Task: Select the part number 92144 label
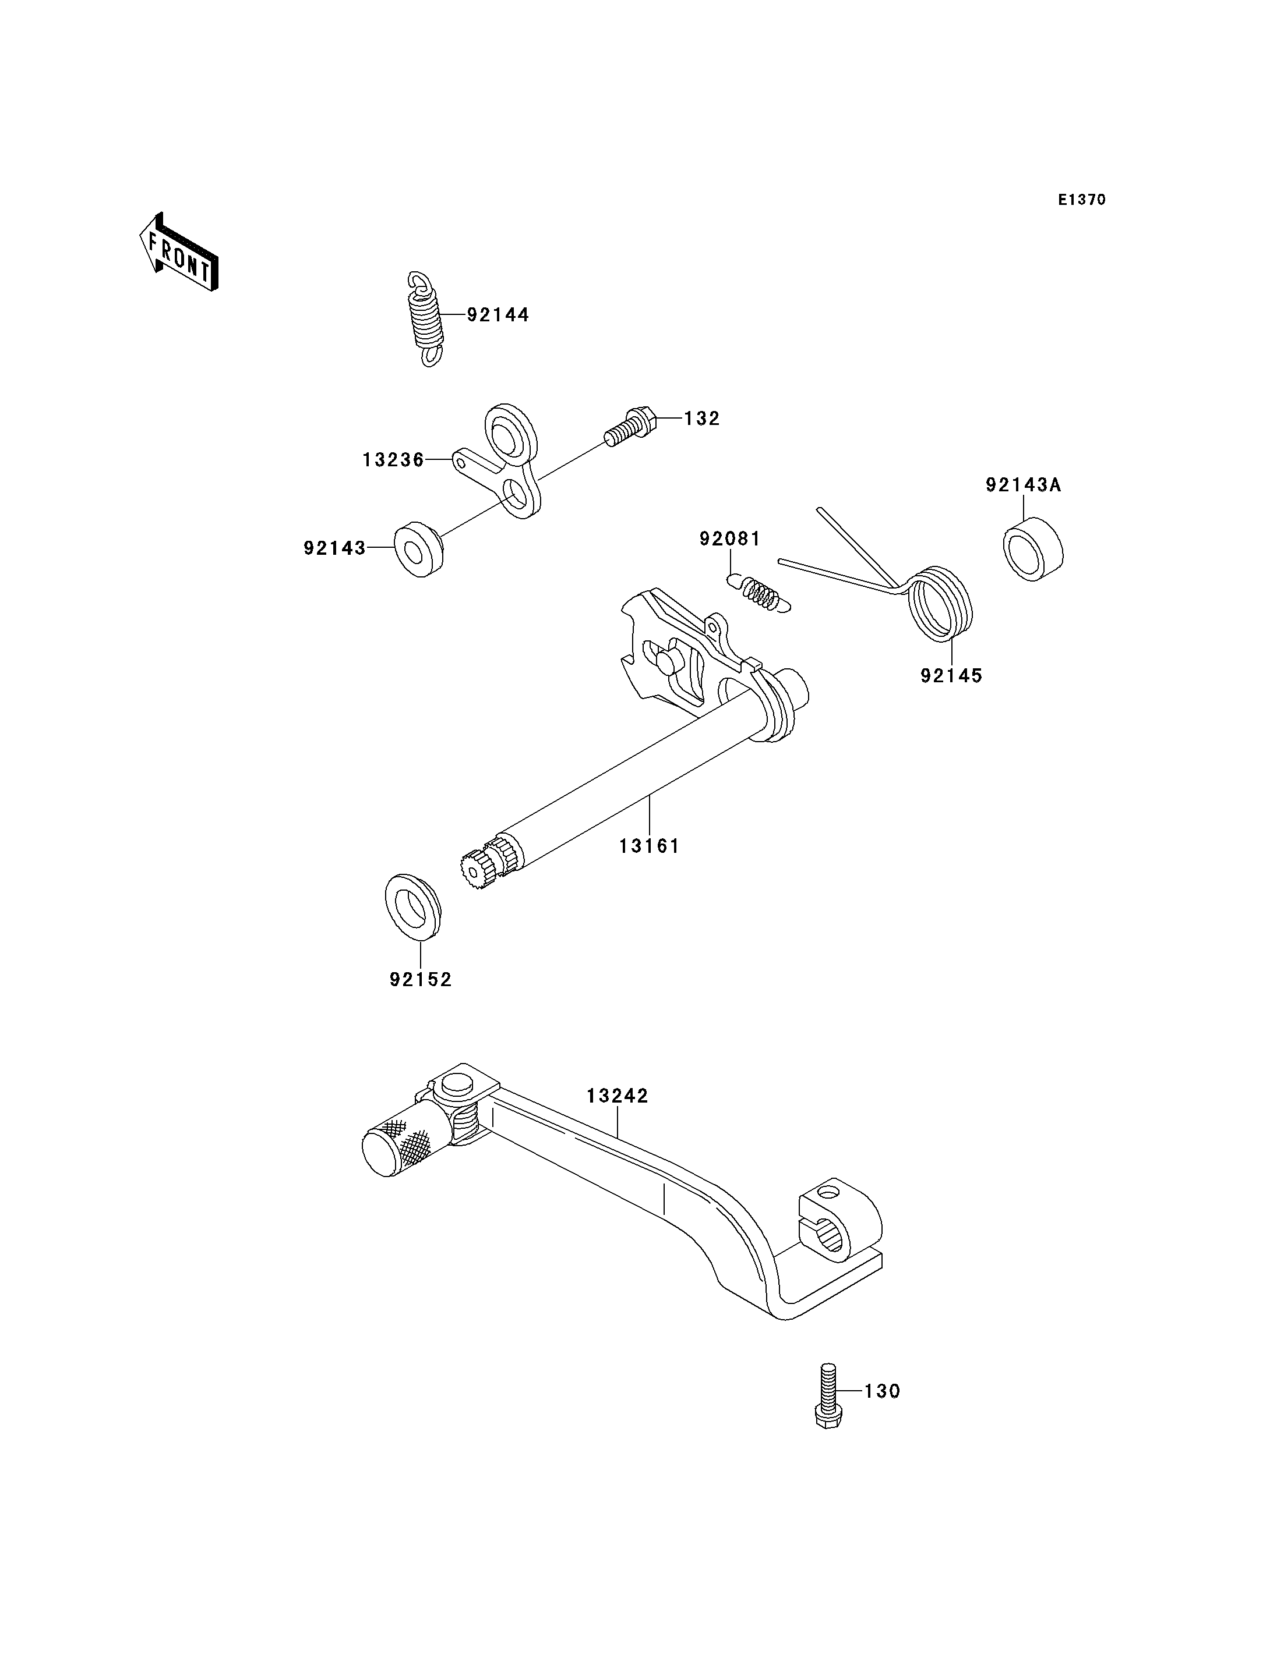[x=498, y=314]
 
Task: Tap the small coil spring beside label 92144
[x=426, y=319]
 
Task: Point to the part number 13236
[x=393, y=460]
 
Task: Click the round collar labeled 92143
[x=418, y=549]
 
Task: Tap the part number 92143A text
[x=1023, y=485]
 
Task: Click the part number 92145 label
[x=951, y=675]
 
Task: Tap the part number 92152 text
[x=421, y=980]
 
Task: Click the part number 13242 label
[x=617, y=1096]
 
